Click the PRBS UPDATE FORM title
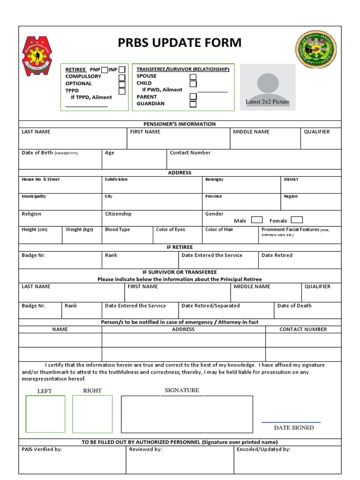pyautogui.click(x=180, y=43)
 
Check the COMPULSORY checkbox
pyautogui.click(x=122, y=77)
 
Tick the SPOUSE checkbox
pyautogui.click(x=193, y=77)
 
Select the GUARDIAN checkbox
pyautogui.click(x=193, y=104)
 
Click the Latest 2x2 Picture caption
pyautogui.click(x=268, y=102)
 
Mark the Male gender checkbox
pyautogui.click(x=256, y=220)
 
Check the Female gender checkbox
pyautogui.click(x=297, y=220)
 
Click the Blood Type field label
pyautogui.click(x=117, y=230)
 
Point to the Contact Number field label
pyautogui.click(x=190, y=153)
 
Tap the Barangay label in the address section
pyautogui.click(x=214, y=180)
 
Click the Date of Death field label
pyautogui.click(x=294, y=306)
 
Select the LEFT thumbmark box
pyautogui.click(x=45, y=413)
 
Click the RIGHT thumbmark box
pyautogui.click(x=92, y=413)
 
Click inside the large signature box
pyautogui.click(x=187, y=413)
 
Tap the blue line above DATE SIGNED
pyautogui.click(x=291, y=422)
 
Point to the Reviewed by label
pyautogui.click(x=145, y=449)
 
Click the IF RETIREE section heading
pyautogui.click(x=180, y=247)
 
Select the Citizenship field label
pyautogui.click(x=118, y=214)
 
